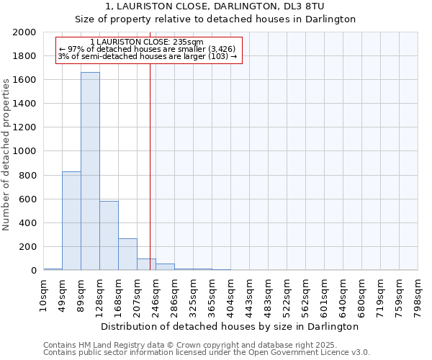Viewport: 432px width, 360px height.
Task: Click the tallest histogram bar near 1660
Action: coord(90,171)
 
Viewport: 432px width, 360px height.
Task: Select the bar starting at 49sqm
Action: coord(71,220)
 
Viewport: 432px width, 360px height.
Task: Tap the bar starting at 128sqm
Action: coord(109,235)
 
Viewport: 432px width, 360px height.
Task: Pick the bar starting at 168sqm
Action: coord(127,254)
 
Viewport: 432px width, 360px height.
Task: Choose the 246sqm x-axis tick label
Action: coord(156,295)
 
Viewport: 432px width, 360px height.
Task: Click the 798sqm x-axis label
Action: coord(418,295)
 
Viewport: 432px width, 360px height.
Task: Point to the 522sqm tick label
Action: coord(287,295)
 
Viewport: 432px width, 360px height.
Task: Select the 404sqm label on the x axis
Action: coord(230,295)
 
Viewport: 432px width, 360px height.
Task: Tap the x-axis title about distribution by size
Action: coord(230,326)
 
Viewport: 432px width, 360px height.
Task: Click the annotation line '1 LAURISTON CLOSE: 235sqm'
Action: coord(148,42)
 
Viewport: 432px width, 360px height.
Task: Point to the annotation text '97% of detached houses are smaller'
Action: coord(148,50)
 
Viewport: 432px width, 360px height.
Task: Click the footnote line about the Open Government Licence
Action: coord(207,353)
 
